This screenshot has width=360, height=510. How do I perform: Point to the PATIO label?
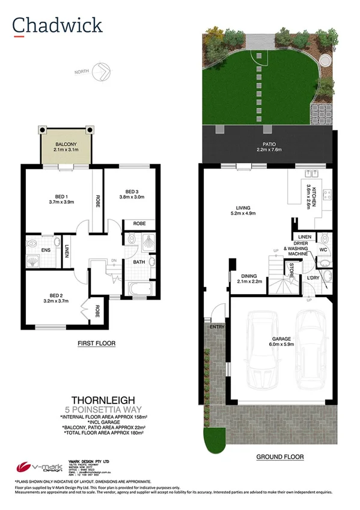tap(267, 144)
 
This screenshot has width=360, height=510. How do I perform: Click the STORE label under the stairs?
tap(291, 269)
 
